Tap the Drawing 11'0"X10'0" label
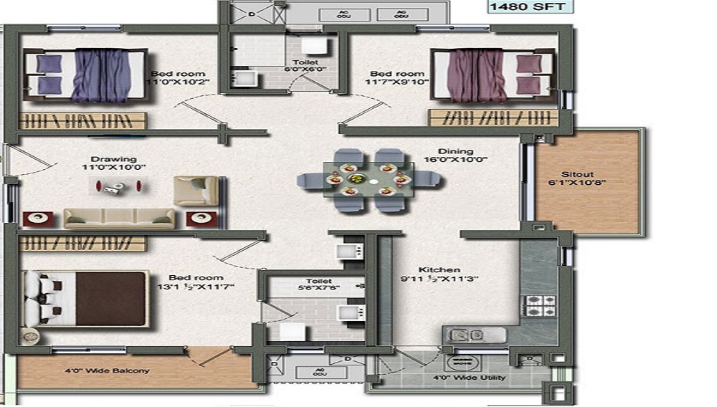tap(113, 163)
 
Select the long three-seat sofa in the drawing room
tap(119, 218)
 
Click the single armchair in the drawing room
tap(196, 191)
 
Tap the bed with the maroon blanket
tap(492, 75)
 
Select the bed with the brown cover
tap(86, 298)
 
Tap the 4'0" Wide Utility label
tap(469, 378)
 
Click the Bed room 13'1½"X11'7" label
tap(196, 282)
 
